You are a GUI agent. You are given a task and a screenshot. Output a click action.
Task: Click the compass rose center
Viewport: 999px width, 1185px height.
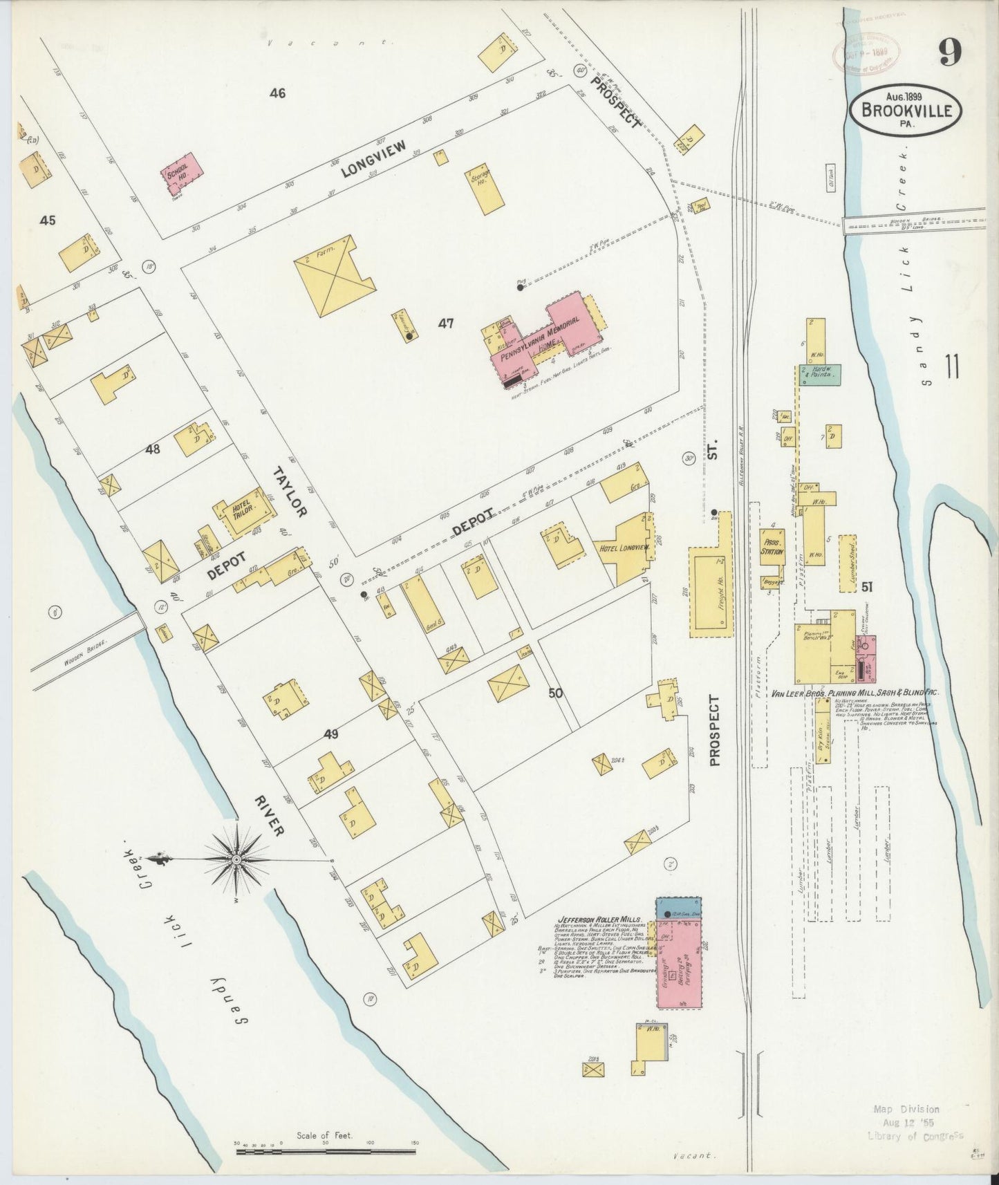coord(236,859)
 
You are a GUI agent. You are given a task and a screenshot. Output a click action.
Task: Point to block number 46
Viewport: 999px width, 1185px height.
coord(277,93)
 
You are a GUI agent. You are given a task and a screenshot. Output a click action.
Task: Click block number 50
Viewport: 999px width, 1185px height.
coord(555,693)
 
